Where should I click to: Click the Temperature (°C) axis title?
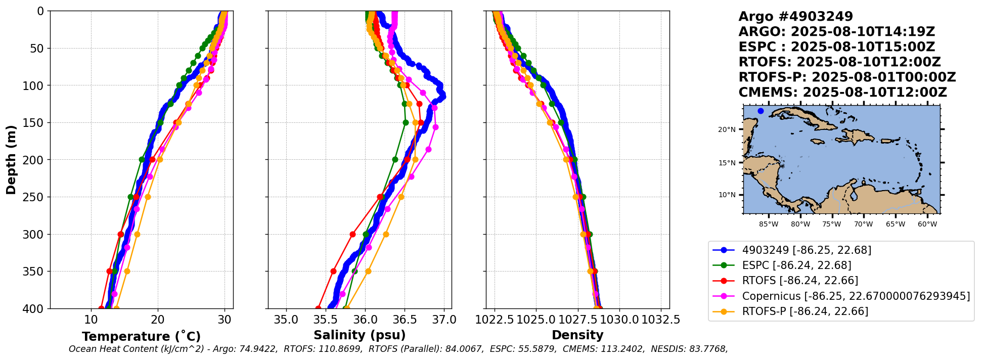(x=141, y=337)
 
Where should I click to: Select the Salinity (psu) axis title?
(x=360, y=335)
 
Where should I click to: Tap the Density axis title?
(x=577, y=335)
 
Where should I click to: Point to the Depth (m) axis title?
(x=11, y=160)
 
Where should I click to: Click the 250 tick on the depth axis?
(x=35, y=197)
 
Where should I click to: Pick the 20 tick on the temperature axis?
(x=158, y=320)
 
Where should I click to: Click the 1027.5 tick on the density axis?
(x=578, y=320)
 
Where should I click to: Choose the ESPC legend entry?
(x=796, y=265)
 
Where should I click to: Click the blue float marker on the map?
(x=760, y=111)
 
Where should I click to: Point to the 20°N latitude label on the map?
(x=727, y=130)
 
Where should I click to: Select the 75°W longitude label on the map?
(x=832, y=224)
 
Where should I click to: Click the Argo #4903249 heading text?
(x=795, y=17)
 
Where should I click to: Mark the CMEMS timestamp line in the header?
(x=842, y=93)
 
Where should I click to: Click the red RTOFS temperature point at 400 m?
(x=101, y=308)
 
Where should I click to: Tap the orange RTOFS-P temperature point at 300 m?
(x=137, y=234)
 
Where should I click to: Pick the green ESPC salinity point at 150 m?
(x=406, y=122)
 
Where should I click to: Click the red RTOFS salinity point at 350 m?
(x=333, y=272)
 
